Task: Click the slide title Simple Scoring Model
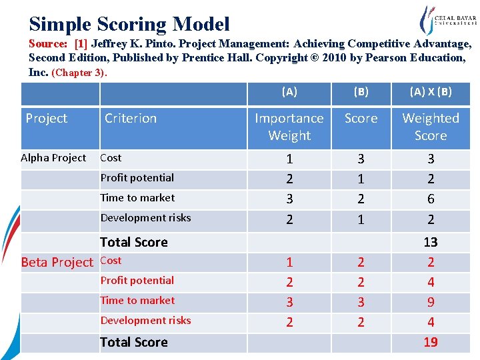tap(129, 24)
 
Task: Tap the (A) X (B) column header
tap(431, 92)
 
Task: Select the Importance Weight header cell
tap(289, 127)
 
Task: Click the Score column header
tap(361, 118)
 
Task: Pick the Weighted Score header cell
tap(431, 127)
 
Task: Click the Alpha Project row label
tap(53, 158)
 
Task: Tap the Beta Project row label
tap(57, 262)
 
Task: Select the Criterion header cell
tap(131, 118)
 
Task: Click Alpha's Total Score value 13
tap(431, 242)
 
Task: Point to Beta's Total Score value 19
tap(431, 342)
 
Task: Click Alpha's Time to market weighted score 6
tap(431, 199)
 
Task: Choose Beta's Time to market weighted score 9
tap(431, 302)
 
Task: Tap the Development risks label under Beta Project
tap(145, 321)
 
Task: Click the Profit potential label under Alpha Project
tap(137, 178)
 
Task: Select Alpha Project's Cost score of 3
tap(361, 159)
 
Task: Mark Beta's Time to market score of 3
tap(361, 302)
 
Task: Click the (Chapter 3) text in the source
tap(79, 72)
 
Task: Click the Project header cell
tap(46, 118)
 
